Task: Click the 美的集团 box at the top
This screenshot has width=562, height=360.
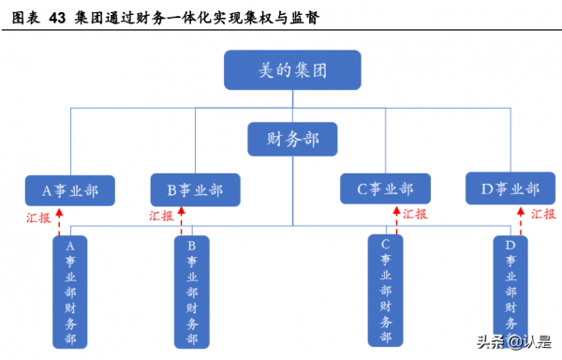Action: pos(291,71)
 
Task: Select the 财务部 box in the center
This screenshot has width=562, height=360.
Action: pos(292,139)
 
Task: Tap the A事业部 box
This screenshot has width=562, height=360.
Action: pos(70,190)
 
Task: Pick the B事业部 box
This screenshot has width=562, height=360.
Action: pos(195,190)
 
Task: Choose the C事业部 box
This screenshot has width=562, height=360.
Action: pos(384,189)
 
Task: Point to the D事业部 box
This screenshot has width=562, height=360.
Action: pos(510,189)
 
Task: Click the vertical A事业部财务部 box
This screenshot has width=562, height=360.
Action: pos(70,292)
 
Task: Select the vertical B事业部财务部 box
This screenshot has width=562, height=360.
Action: pos(192,292)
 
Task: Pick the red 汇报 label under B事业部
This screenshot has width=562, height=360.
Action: pos(163,216)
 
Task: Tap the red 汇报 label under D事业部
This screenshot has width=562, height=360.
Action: pos(543,214)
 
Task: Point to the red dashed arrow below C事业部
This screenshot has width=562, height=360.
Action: pos(397,221)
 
